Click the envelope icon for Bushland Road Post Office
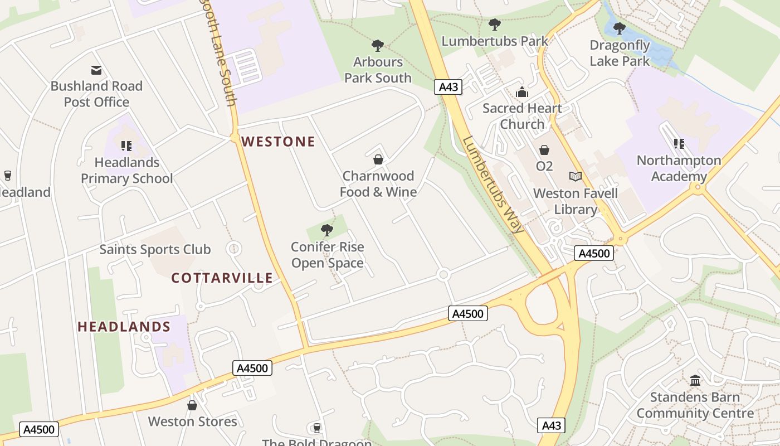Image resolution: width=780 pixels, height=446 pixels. [x=96, y=70]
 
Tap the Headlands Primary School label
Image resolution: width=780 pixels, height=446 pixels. [x=127, y=171]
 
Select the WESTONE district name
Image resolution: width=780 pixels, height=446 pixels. [x=279, y=142]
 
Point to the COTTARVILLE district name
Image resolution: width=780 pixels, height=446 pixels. [x=222, y=278]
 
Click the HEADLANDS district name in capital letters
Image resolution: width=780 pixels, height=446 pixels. [x=124, y=327]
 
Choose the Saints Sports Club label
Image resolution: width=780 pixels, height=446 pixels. [x=155, y=249]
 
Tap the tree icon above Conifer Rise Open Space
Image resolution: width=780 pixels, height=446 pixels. [x=327, y=230]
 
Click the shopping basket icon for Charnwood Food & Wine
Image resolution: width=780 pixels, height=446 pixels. [x=378, y=159]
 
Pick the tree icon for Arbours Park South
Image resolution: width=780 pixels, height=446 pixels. [x=378, y=45]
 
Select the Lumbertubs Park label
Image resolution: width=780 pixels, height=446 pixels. [x=495, y=41]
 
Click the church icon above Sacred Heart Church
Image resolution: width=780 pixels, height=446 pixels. [x=522, y=92]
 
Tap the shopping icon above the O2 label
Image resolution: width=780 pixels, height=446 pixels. [x=544, y=150]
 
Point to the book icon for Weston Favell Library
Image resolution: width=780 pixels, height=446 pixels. [x=576, y=177]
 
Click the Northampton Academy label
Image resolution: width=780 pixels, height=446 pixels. [x=679, y=168]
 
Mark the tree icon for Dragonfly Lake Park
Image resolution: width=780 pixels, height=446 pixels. [x=619, y=28]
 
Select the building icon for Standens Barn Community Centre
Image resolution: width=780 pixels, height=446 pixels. [x=695, y=381]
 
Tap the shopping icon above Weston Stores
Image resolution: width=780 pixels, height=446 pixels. [x=192, y=405]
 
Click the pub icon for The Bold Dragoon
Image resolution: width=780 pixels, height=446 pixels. [x=317, y=428]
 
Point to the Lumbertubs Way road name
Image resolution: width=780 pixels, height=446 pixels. [x=493, y=185]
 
